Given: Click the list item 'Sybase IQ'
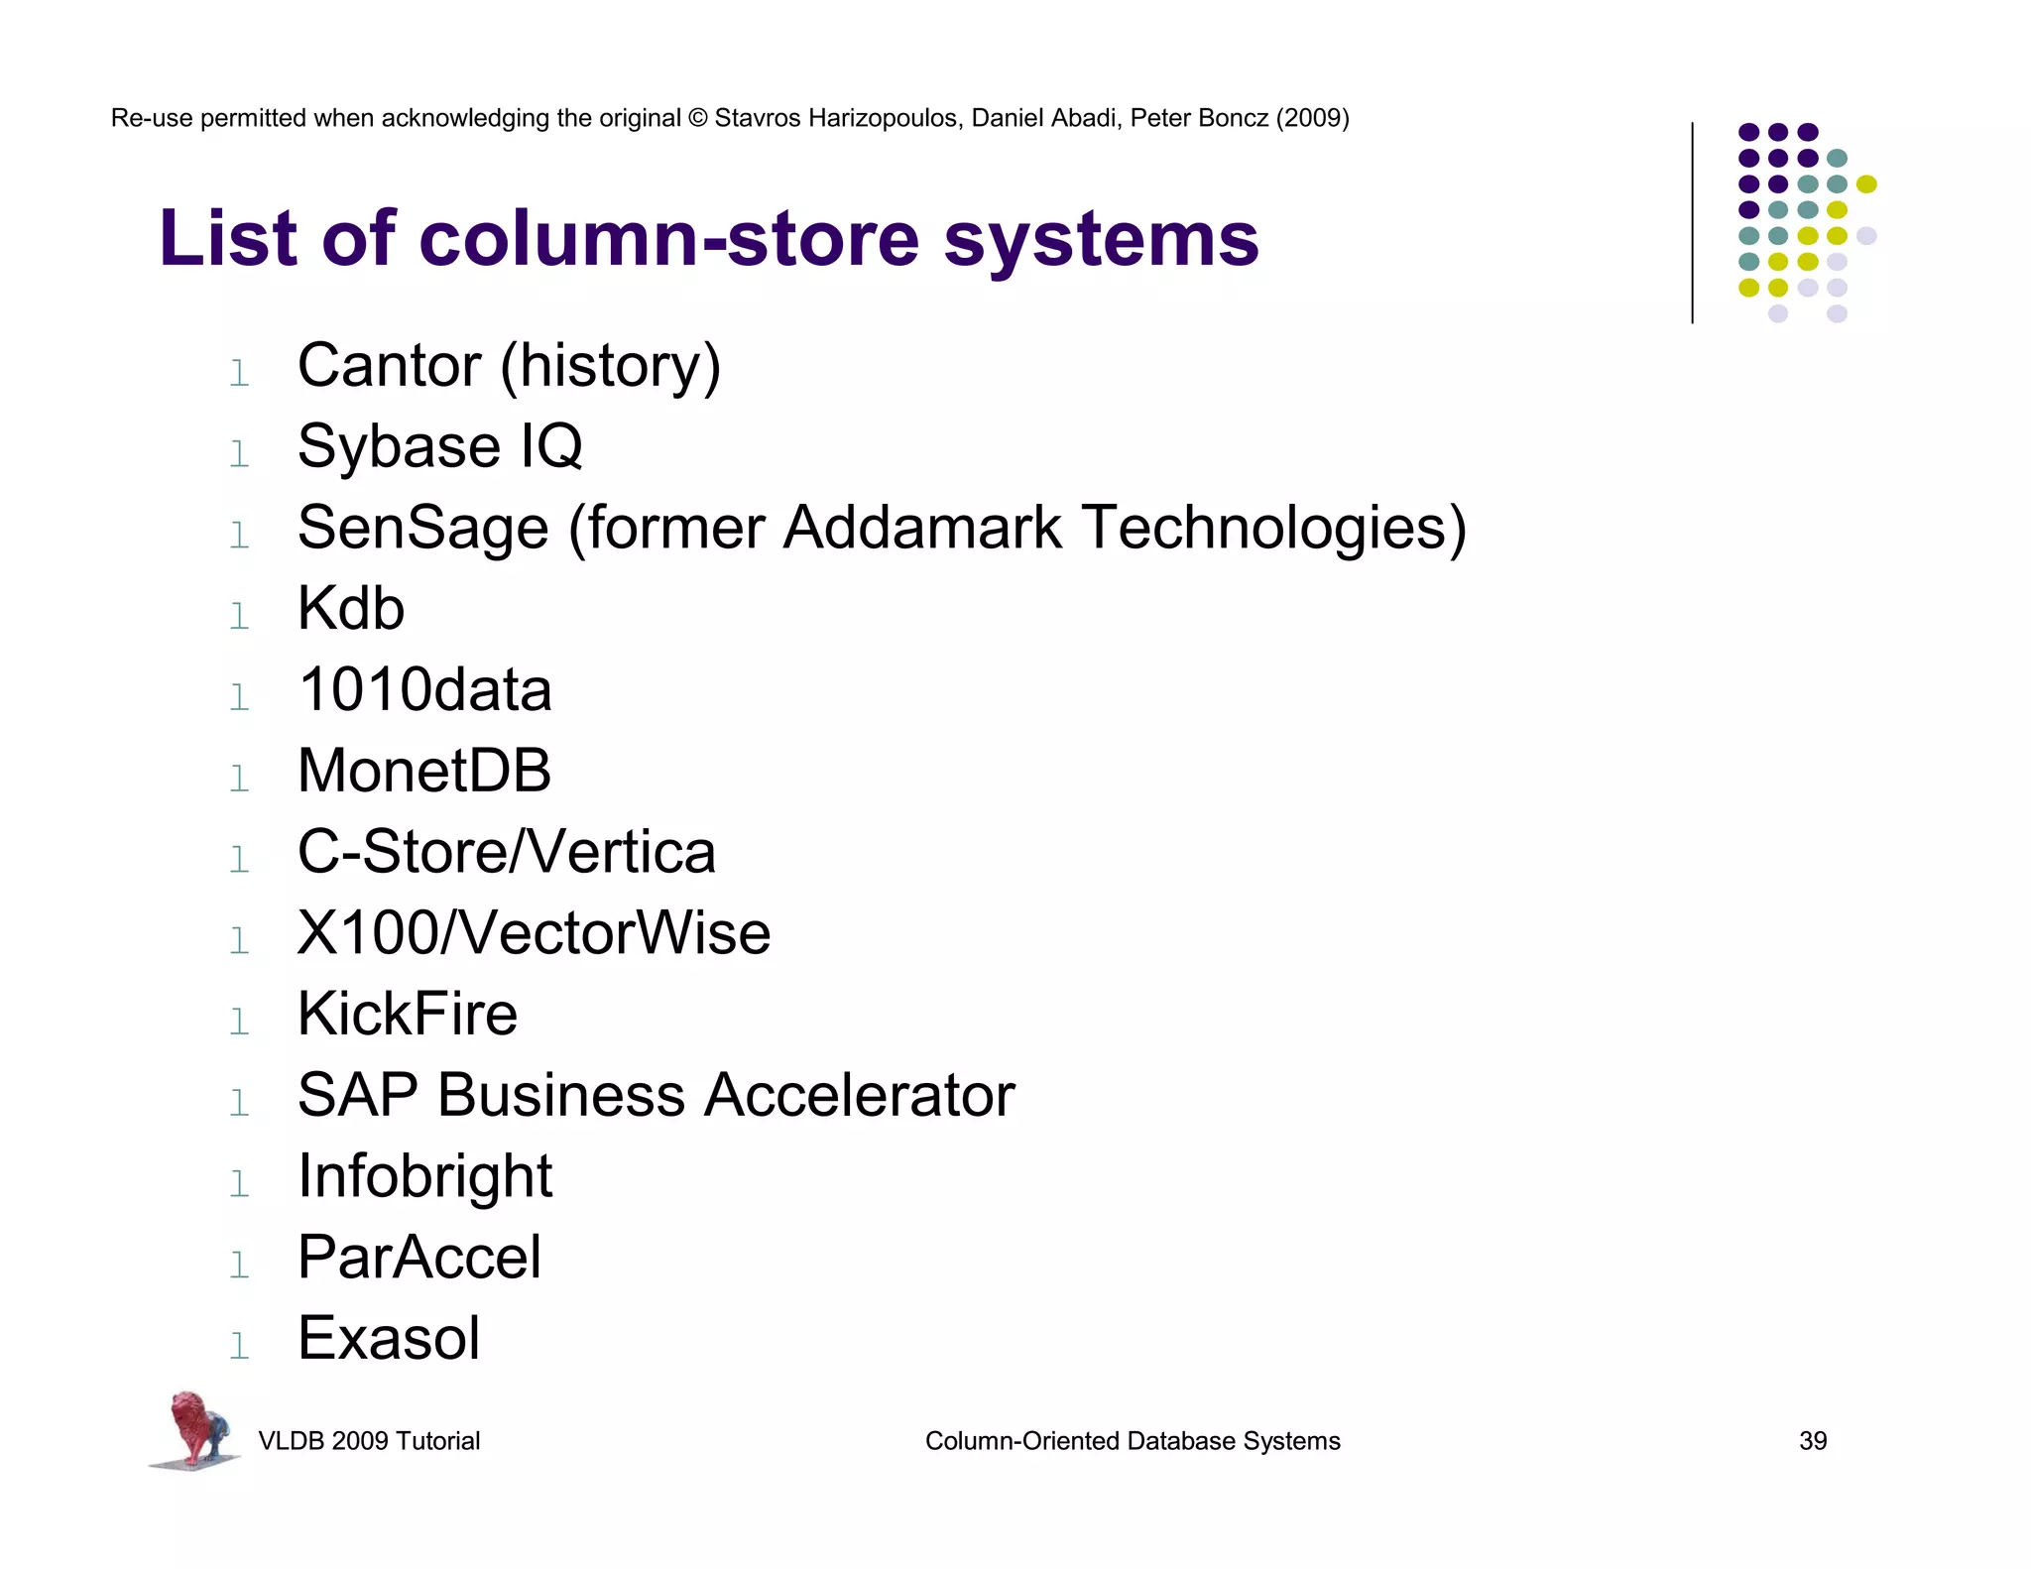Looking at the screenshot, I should click(439, 446).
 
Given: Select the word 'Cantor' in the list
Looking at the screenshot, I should click(389, 366).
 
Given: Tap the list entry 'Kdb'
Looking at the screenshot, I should click(351, 608).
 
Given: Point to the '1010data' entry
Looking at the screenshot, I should click(424, 689).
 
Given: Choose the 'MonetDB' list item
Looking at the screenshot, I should click(423, 771).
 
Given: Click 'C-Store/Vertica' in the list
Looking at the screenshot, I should click(506, 852).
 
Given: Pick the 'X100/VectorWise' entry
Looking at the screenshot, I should click(534, 933).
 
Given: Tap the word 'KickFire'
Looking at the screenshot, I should click(408, 1014).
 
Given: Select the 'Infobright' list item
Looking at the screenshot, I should click(424, 1177).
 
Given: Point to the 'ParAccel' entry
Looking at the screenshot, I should click(419, 1258).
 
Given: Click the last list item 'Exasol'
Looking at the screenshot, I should click(389, 1339).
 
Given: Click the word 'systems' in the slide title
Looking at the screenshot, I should click(1101, 240).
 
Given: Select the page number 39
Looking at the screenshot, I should click(1812, 1441).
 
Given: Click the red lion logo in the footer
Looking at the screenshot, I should click(194, 1429).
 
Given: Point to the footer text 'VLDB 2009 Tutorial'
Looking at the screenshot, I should click(369, 1441).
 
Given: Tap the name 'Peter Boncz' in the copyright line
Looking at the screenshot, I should click(1199, 118).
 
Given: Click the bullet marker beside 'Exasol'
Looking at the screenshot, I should click(239, 1346).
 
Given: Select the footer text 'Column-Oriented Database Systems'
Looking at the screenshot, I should click(1132, 1441).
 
